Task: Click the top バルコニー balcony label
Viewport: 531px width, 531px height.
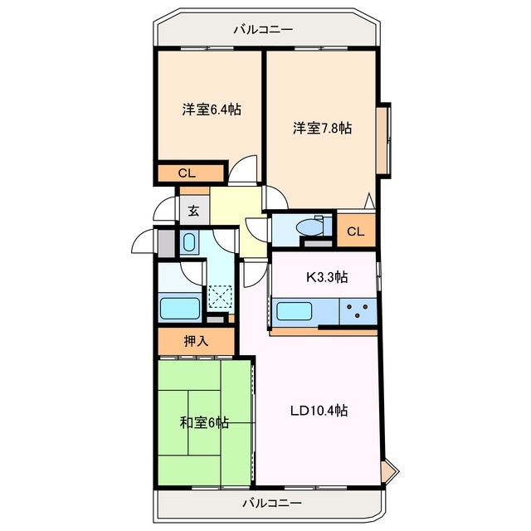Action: pyautogui.click(x=263, y=30)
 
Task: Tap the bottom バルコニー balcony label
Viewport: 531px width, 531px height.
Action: pyautogui.click(x=272, y=503)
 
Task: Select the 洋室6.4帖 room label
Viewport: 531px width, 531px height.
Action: pyautogui.click(x=212, y=110)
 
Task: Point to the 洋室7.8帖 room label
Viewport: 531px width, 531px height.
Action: pyautogui.click(x=322, y=128)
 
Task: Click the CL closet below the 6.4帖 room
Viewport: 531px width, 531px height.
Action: pyautogui.click(x=187, y=173)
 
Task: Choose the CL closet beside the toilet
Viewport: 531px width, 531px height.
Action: pyautogui.click(x=356, y=231)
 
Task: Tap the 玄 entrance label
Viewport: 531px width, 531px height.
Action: pyautogui.click(x=193, y=211)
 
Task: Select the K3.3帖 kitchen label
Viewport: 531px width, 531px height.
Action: pyautogui.click(x=327, y=277)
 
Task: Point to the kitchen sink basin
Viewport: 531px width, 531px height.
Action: pyautogui.click(x=294, y=311)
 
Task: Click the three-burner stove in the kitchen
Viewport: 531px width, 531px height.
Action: pyautogui.click(x=358, y=311)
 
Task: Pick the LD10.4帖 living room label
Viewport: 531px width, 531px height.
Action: pyautogui.click(x=319, y=411)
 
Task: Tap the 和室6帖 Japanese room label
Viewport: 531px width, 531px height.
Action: pyautogui.click(x=204, y=422)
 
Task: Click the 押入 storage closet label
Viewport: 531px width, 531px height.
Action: pyautogui.click(x=196, y=341)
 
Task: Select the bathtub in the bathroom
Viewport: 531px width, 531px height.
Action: pyautogui.click(x=179, y=308)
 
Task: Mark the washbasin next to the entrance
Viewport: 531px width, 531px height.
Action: pyautogui.click(x=189, y=242)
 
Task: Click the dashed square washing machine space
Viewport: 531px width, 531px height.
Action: pyautogui.click(x=220, y=297)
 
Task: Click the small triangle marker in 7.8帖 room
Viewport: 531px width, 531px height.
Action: pyautogui.click(x=369, y=201)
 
